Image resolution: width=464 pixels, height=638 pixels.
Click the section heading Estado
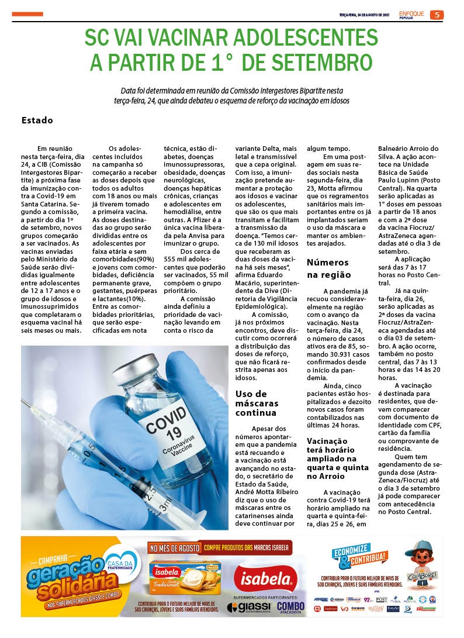pyautogui.click(x=37, y=120)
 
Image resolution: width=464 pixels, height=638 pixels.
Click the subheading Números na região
pyautogui.click(x=328, y=268)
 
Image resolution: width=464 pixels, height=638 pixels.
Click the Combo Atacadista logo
pyautogui.click(x=290, y=608)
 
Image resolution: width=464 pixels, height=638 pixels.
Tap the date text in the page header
pyautogui.click(x=364, y=15)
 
